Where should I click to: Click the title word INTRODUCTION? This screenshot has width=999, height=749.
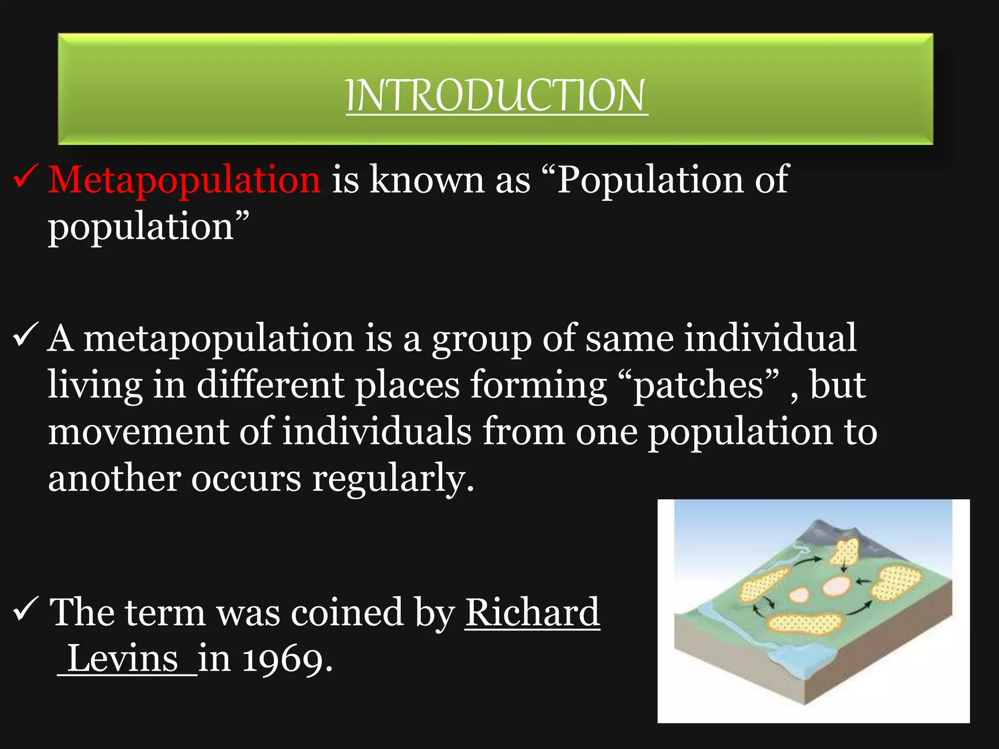(497, 96)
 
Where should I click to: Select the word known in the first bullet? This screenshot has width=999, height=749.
(426, 179)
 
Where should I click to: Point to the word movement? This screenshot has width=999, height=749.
(138, 432)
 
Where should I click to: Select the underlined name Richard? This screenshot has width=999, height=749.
(532, 612)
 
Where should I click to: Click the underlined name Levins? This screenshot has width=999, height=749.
(123, 659)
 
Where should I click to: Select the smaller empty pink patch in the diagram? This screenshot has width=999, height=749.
(799, 594)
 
